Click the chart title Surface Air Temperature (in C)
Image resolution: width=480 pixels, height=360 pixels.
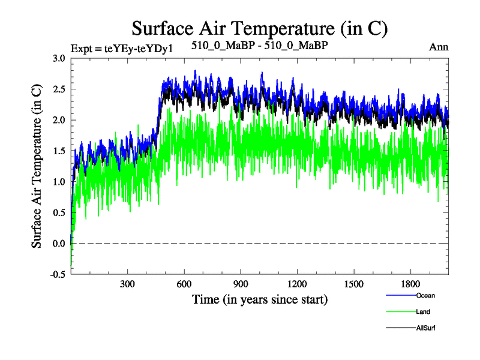[x=260, y=28]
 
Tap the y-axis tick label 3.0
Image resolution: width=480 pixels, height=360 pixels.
[x=58, y=58]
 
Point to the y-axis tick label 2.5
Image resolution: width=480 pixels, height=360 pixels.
[x=58, y=89]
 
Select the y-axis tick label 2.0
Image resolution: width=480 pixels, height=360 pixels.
[x=58, y=120]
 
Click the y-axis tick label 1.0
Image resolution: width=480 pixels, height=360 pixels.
[x=58, y=182]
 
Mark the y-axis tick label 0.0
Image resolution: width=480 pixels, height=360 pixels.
[x=58, y=244]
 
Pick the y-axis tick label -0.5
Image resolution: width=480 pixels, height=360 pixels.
[x=57, y=274]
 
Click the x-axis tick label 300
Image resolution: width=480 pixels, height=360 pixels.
[x=127, y=283]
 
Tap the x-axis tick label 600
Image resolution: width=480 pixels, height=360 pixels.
[x=184, y=283]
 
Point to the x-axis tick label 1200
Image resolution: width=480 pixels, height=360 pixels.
[x=297, y=283]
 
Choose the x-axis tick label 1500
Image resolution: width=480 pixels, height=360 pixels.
[x=354, y=283]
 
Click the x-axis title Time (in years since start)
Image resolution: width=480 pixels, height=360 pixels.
[x=260, y=298]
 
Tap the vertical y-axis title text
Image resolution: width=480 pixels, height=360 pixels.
[x=37, y=166]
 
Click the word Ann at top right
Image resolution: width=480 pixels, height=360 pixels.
[x=439, y=46]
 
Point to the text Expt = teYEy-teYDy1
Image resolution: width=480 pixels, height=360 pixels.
[x=122, y=47]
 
